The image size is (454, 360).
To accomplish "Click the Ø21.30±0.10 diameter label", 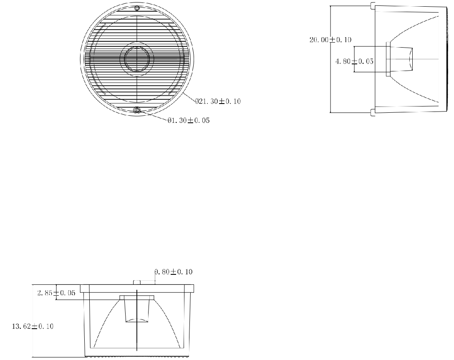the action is [x=218, y=101].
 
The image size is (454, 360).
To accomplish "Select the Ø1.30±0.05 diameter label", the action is [x=189, y=120].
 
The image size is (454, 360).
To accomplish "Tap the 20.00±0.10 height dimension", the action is [x=330, y=40].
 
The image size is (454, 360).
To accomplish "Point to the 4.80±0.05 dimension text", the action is [x=354, y=61].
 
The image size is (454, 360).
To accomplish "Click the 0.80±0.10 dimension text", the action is [x=174, y=272].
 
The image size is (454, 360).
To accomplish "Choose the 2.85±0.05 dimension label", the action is [x=56, y=293].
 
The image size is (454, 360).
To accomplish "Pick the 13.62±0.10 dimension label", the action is [x=33, y=326].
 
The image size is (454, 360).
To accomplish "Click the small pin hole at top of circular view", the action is [x=137, y=8].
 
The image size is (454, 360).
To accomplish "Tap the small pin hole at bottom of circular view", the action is [x=137, y=110].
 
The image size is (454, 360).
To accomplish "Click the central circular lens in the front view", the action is [x=137, y=59].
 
